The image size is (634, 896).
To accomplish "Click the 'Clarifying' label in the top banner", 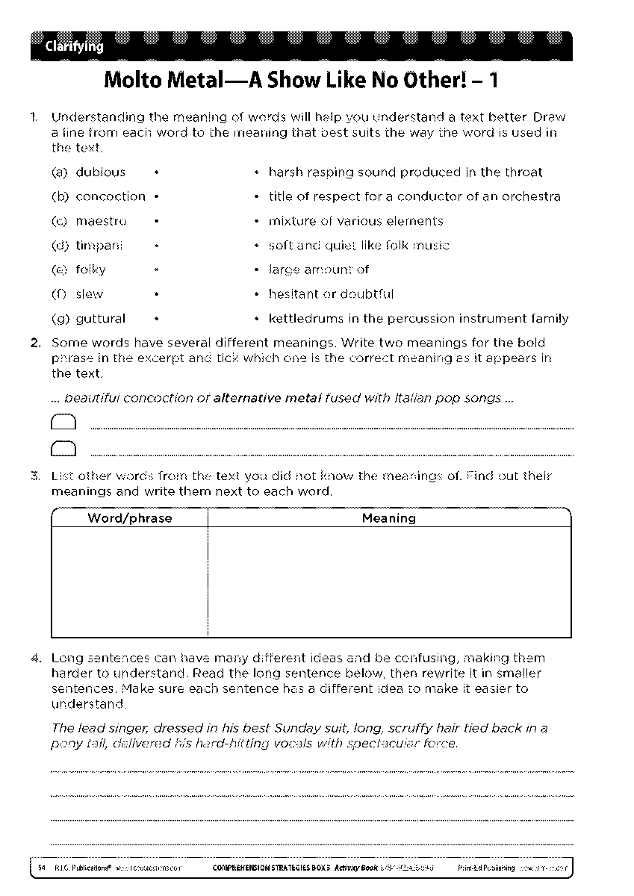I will pyautogui.click(x=74, y=48).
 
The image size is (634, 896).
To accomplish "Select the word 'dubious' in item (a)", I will pyautogui.click(x=101, y=172).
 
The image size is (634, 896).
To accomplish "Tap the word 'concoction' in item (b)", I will pyautogui.click(x=111, y=197).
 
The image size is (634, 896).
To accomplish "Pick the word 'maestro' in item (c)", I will pyautogui.click(x=102, y=221).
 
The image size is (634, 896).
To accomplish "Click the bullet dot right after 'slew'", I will pyautogui.click(x=155, y=294).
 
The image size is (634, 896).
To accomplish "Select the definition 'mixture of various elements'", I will pyautogui.click(x=355, y=221).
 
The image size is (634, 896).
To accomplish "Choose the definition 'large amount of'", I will pyautogui.click(x=319, y=270).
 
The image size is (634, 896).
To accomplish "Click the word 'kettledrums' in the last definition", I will pyautogui.click(x=302, y=319).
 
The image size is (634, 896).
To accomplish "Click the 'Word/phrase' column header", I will pyautogui.click(x=129, y=518).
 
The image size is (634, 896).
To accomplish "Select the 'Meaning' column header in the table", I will pyautogui.click(x=388, y=518).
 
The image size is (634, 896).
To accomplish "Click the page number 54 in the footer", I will pyautogui.click(x=42, y=868).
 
